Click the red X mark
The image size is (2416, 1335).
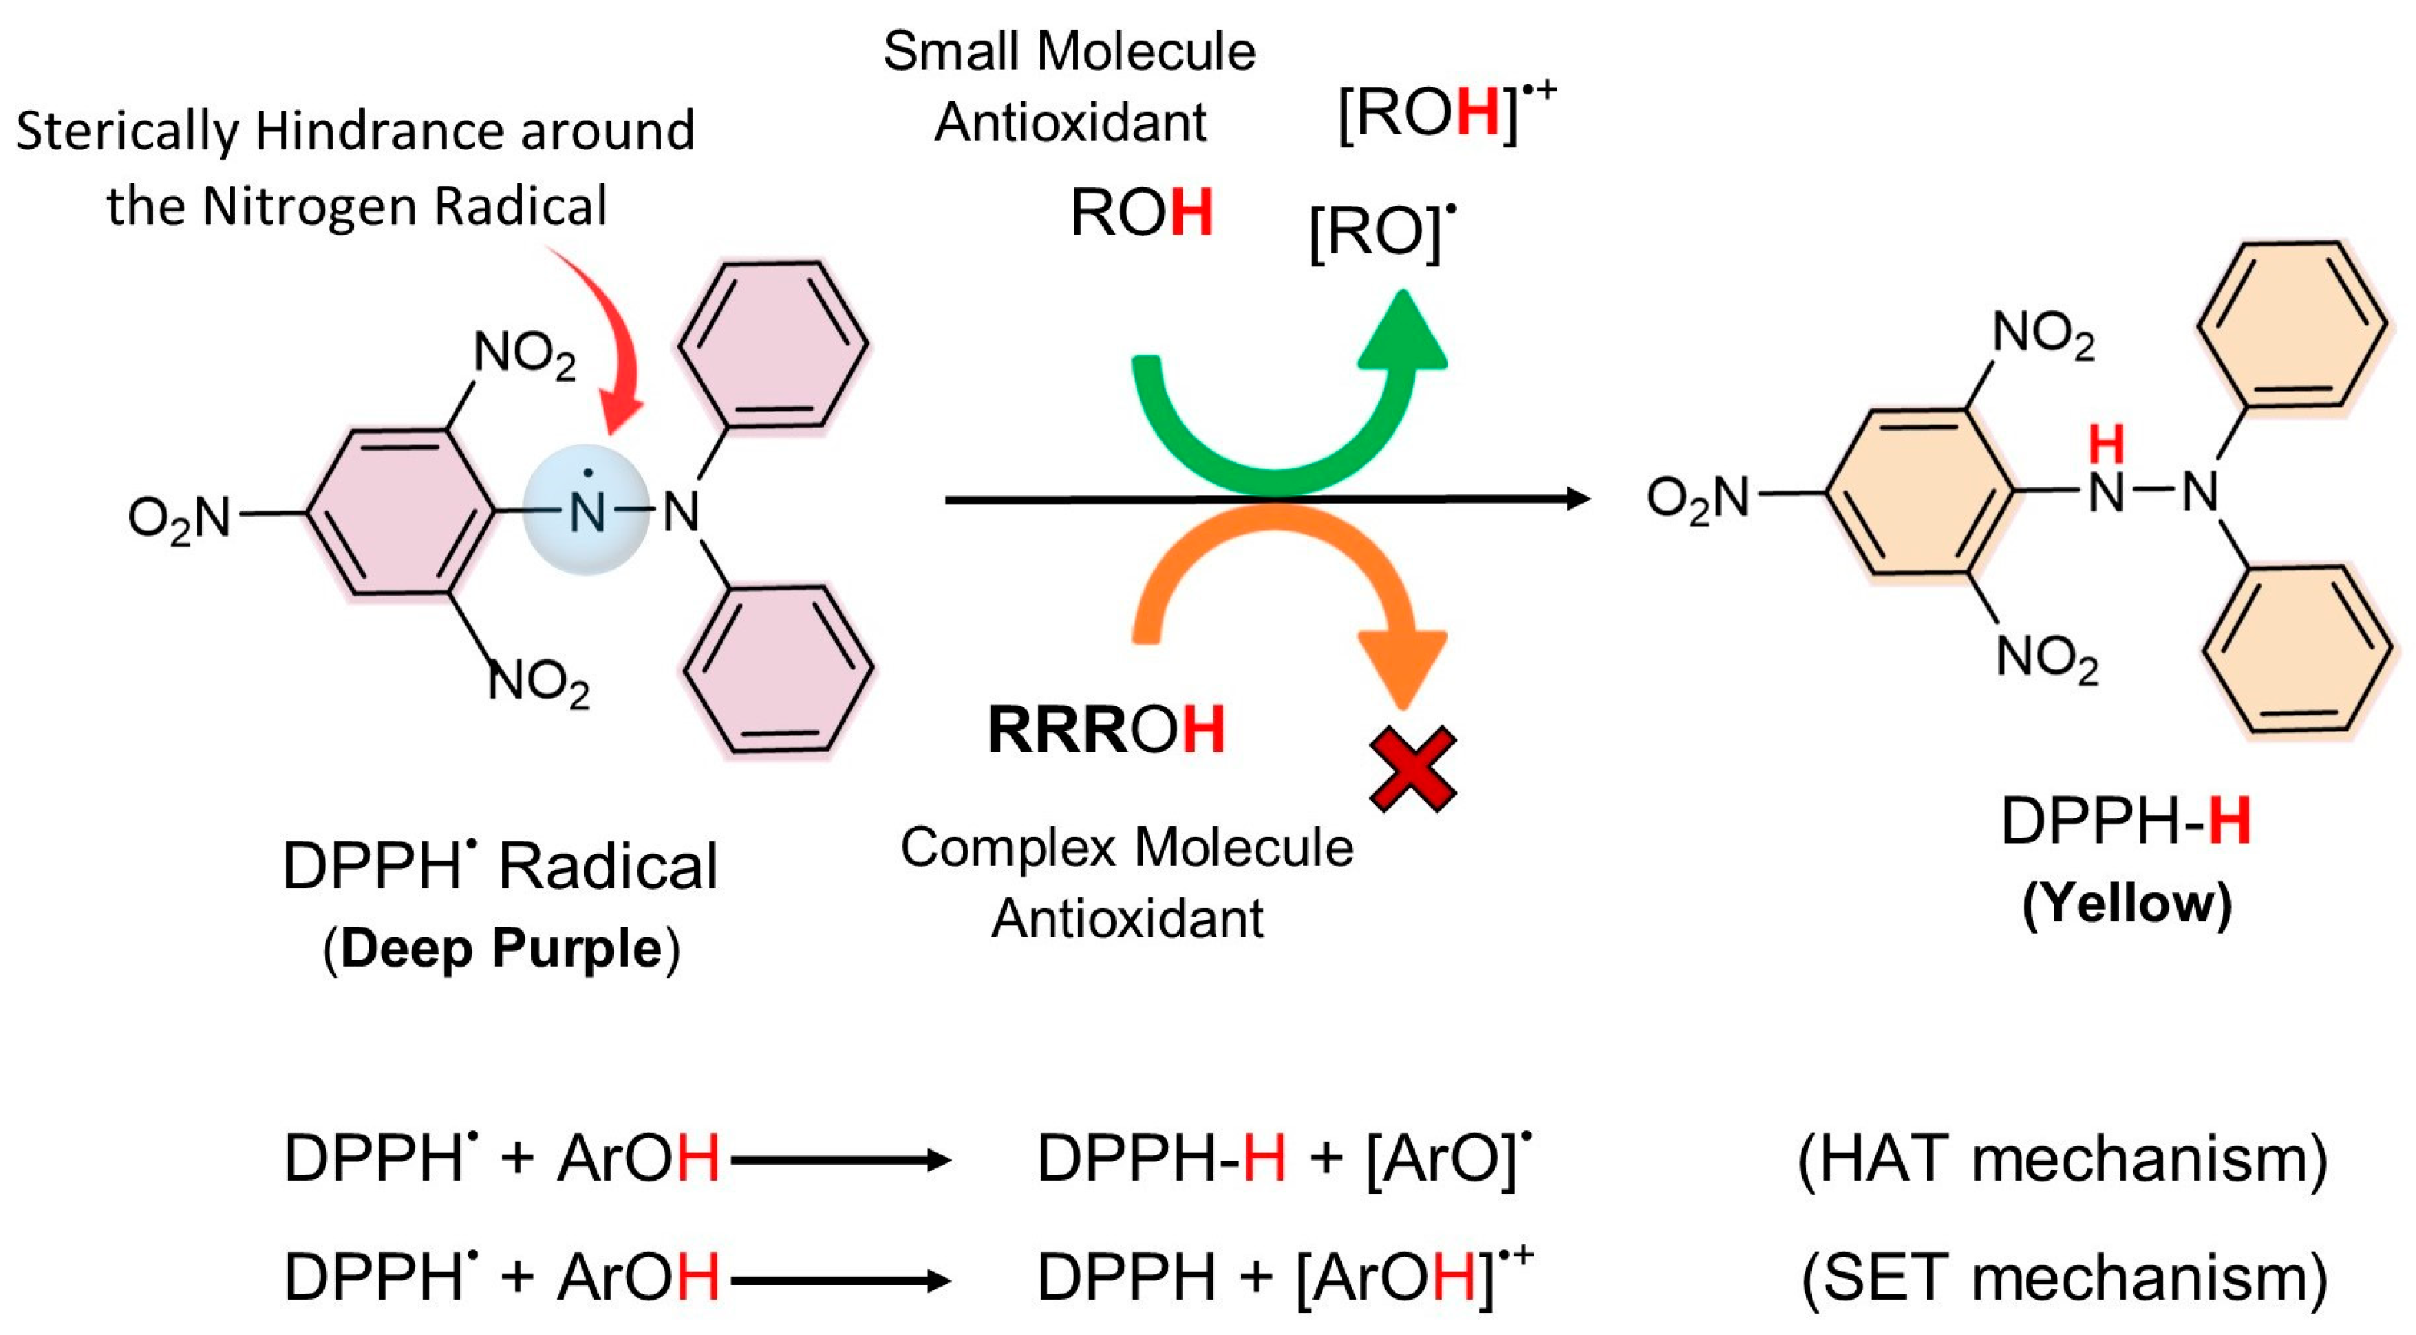coord(1412,768)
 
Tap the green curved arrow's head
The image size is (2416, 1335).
coord(1403,333)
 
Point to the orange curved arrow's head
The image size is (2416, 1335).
coord(1402,665)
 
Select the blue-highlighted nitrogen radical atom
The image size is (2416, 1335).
coord(587,511)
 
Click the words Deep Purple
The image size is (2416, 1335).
coord(501,948)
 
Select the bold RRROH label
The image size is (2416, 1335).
coord(1106,729)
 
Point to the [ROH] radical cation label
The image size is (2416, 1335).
coord(1445,113)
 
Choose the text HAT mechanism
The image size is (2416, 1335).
coord(2063,1158)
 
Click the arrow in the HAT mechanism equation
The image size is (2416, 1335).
coord(840,1161)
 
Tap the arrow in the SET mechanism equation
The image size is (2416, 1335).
coord(840,1280)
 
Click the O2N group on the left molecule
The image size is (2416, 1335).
coord(179,517)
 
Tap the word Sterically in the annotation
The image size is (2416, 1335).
coord(127,131)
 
